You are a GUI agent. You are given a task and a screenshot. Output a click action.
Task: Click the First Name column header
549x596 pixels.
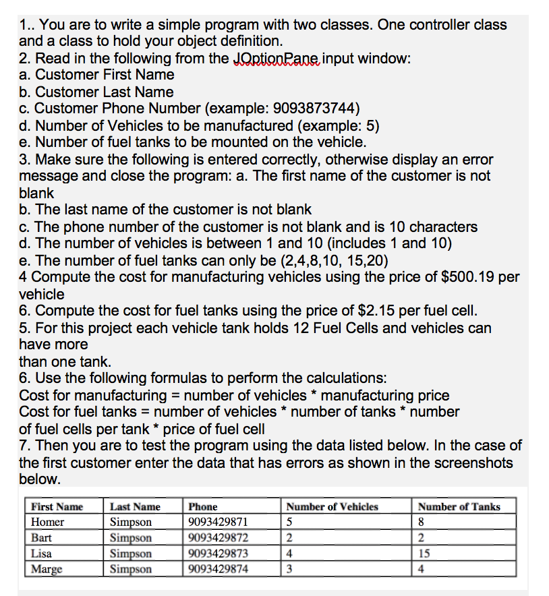tap(57, 507)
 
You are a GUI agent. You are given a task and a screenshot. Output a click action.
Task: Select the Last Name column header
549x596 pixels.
tap(135, 507)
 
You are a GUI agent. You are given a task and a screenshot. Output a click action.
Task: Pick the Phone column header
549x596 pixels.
tap(203, 507)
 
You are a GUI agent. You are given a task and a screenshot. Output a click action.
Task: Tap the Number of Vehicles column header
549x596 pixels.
tap(332, 507)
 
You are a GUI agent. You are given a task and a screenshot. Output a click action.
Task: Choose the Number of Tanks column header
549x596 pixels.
tap(459, 507)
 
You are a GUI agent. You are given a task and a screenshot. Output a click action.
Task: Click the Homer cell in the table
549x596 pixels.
tap(48, 523)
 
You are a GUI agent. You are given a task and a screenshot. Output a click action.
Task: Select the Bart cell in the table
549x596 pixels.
tap(42, 538)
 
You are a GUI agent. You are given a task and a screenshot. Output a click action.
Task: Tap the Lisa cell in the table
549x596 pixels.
tap(42, 554)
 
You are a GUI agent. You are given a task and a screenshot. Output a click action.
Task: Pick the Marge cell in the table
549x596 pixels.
tap(47, 569)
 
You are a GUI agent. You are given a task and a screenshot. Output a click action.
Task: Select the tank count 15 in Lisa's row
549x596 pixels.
tap(424, 554)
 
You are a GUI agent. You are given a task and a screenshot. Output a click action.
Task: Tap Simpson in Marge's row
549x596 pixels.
tap(131, 569)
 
